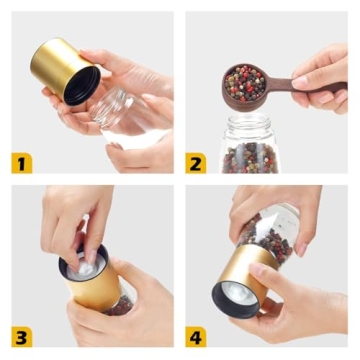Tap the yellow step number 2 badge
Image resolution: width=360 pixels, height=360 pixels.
pyautogui.click(x=196, y=162)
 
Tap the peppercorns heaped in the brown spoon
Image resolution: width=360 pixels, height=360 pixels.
pyautogui.click(x=245, y=83)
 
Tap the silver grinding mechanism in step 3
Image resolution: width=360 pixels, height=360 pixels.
pyautogui.click(x=86, y=261)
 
